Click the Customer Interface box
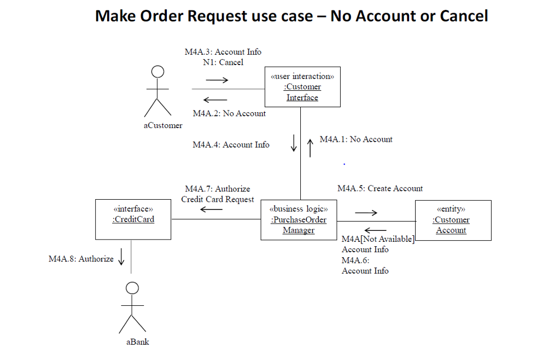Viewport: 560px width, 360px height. coord(302,86)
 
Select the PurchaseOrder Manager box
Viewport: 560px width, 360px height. coord(299,220)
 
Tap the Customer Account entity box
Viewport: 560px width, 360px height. coord(453,220)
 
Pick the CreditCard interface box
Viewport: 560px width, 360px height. coord(133,219)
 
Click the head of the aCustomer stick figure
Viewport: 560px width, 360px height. coord(157,72)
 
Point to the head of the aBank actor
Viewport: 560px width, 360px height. coord(132,288)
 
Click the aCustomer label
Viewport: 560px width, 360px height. coord(163,125)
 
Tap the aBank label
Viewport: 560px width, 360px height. coord(137,342)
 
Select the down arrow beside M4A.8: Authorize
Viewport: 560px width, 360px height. coord(121,257)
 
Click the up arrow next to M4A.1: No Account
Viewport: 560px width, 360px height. coord(311,147)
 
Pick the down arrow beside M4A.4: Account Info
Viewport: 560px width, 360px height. coord(294,143)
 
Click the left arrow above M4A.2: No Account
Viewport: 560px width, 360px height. coord(215,100)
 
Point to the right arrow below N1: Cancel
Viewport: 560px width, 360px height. coord(217,80)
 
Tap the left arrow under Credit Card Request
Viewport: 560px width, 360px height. coord(211,210)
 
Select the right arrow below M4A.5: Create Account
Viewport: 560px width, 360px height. coord(366,213)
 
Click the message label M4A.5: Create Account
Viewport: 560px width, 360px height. coord(380,188)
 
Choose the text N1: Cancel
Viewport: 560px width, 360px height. coord(223,62)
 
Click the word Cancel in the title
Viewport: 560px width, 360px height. coord(464,16)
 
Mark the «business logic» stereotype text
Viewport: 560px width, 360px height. coord(299,208)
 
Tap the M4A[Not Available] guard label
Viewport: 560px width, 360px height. coord(378,239)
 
